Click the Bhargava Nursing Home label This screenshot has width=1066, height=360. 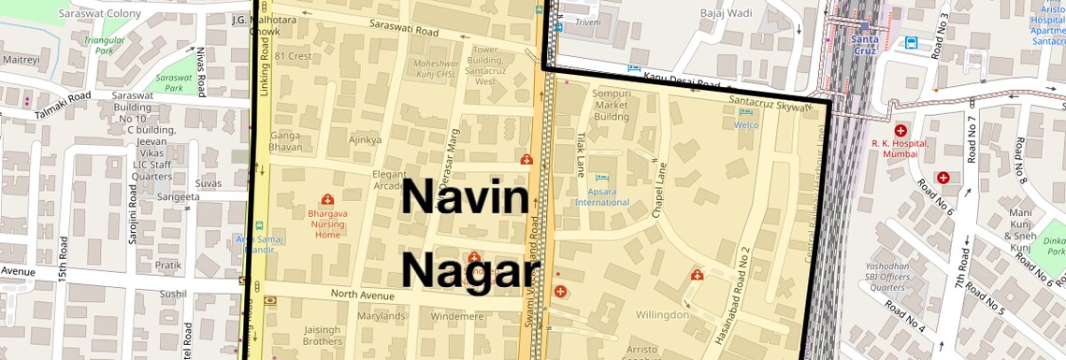(327, 224)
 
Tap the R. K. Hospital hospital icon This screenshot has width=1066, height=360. (900, 130)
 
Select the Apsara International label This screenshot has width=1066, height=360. (602, 197)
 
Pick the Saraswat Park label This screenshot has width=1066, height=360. (173, 83)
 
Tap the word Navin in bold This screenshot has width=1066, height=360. (465, 199)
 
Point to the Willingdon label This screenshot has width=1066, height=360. (662, 315)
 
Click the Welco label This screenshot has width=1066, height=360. (746, 124)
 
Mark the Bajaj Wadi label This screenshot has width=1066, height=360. (726, 14)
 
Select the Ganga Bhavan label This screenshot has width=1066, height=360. (285, 141)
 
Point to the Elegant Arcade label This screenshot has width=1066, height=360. (389, 180)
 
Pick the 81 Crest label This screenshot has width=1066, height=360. (293, 56)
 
